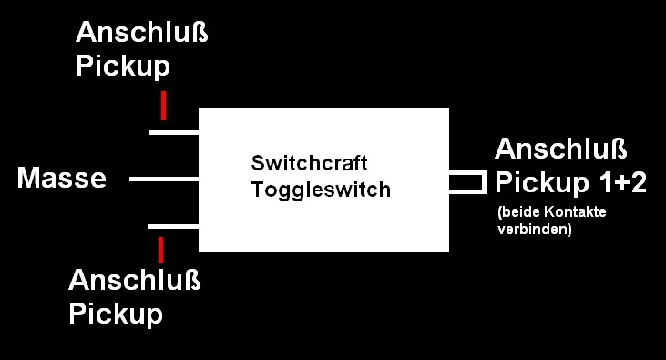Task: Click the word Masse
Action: click(61, 179)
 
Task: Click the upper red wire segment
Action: click(163, 106)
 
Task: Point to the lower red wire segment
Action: click(160, 250)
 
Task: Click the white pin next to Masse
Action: click(164, 179)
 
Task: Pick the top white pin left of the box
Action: click(174, 133)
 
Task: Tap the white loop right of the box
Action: click(466, 182)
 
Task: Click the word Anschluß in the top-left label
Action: click(142, 35)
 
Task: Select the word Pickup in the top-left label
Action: click(123, 67)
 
